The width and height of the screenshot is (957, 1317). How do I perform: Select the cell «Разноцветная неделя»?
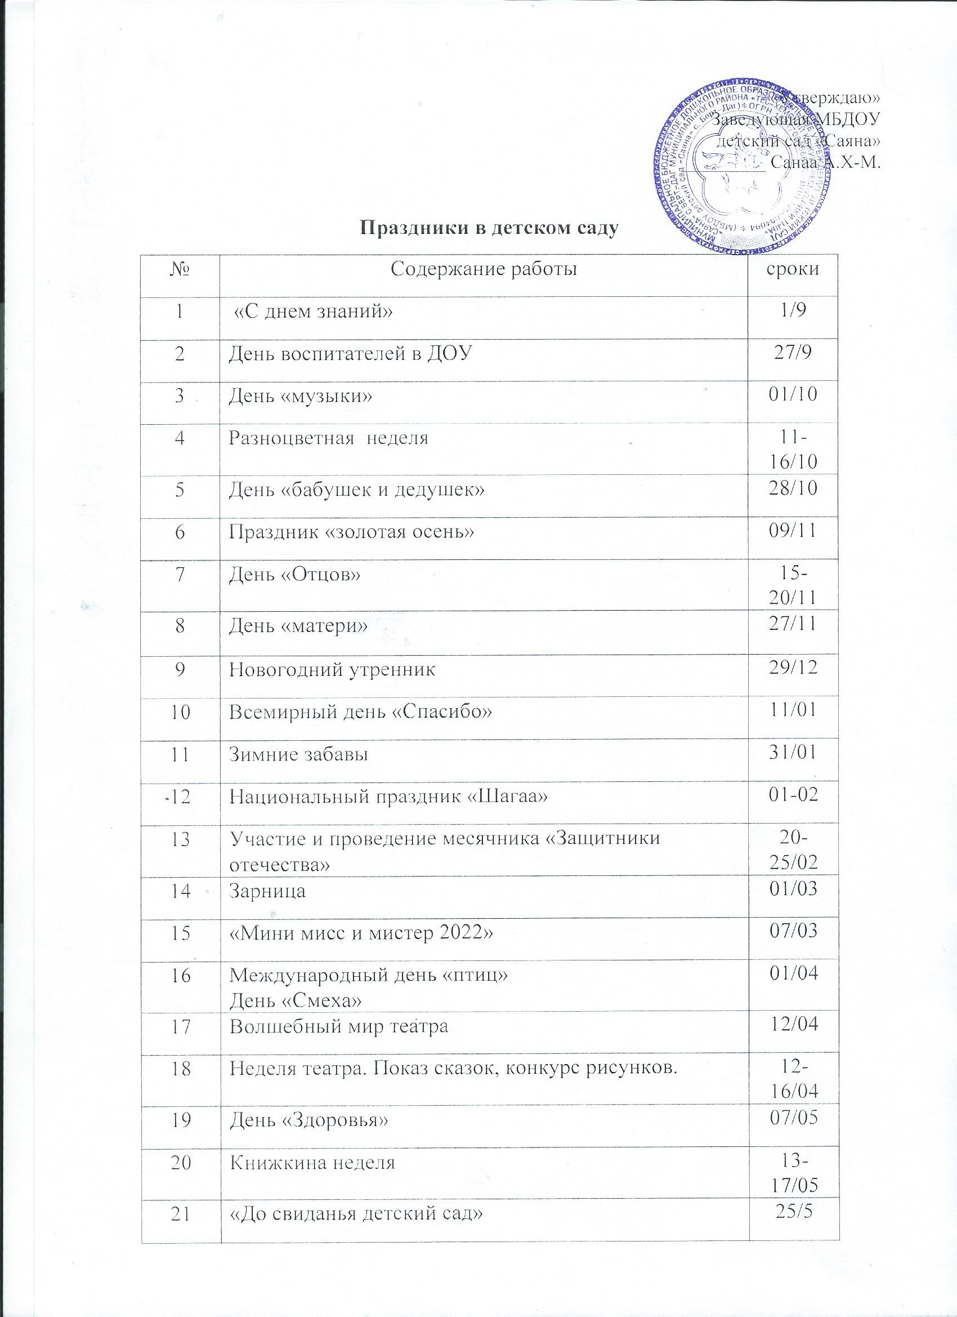point(329,437)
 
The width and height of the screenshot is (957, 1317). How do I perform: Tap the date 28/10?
point(793,491)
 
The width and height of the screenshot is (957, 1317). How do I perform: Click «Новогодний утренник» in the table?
point(333,670)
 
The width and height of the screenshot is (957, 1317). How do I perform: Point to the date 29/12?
point(793,670)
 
